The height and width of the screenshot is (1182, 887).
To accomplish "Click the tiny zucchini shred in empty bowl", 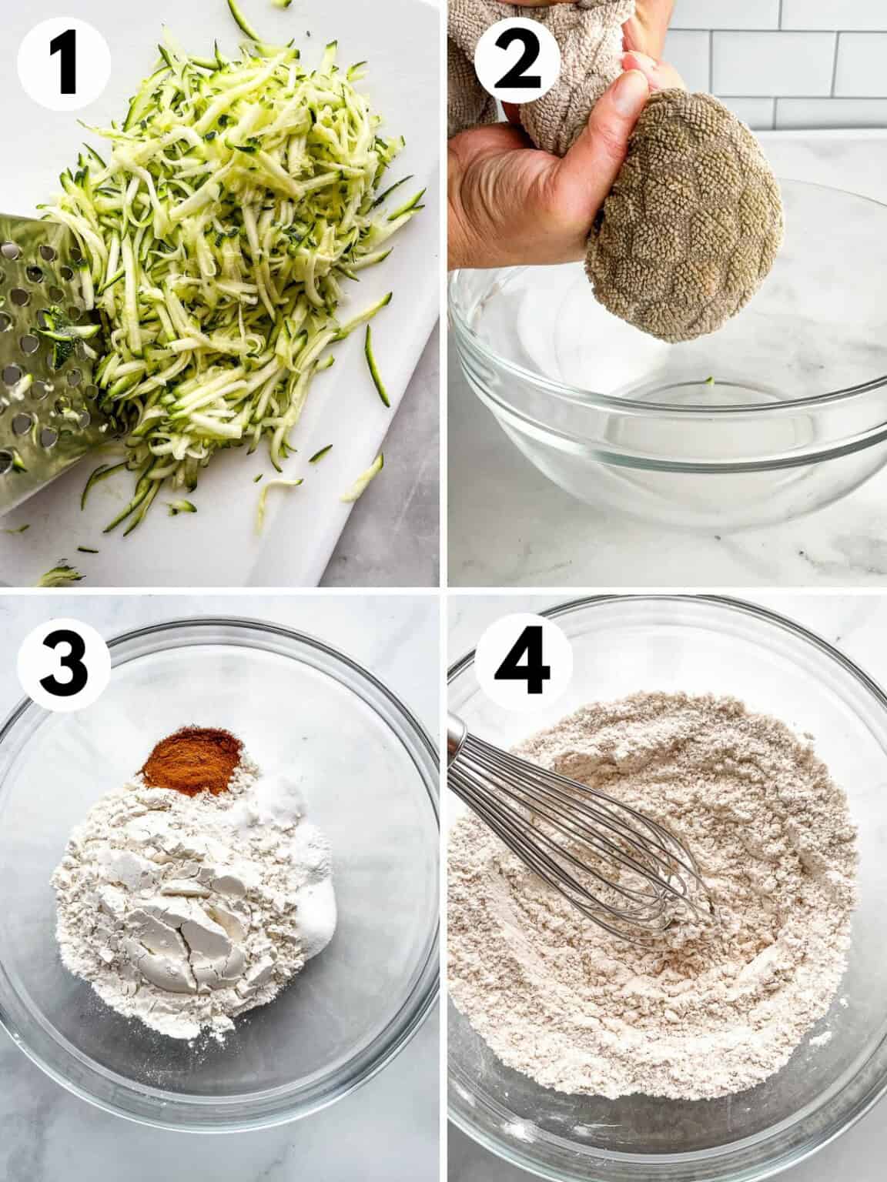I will tap(707, 380).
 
